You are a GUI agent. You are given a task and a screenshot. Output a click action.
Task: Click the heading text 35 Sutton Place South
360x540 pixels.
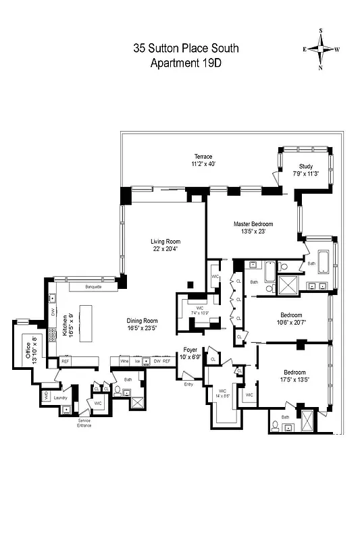(186, 49)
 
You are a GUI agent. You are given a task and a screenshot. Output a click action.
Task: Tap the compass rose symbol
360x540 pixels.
(321, 49)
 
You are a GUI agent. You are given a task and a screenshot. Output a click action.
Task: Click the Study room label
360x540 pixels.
(307, 169)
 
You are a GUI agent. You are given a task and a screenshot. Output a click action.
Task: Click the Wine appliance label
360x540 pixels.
(124, 361)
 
